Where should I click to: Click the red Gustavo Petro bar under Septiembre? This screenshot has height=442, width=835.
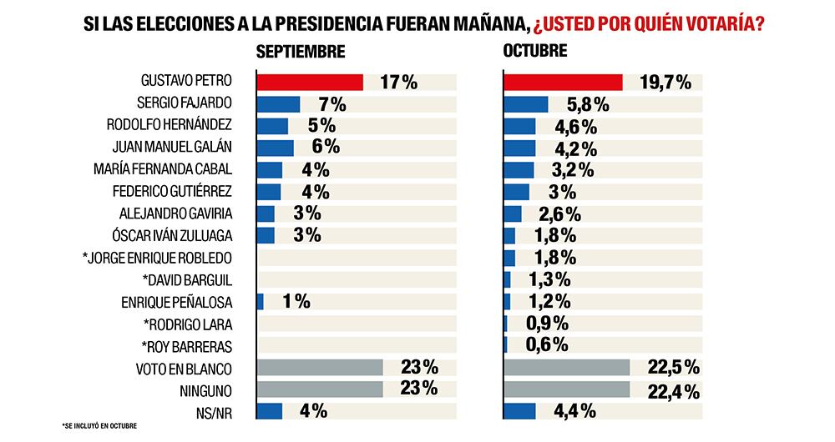[309, 82]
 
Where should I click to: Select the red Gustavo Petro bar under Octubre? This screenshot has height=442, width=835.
[563, 82]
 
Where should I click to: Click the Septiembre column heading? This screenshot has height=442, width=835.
[300, 52]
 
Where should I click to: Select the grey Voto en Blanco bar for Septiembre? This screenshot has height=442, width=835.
[319, 367]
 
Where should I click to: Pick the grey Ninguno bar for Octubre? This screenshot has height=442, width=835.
[566, 389]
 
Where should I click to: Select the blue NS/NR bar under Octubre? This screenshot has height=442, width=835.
[519, 411]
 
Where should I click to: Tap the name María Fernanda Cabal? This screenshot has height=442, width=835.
[171, 170]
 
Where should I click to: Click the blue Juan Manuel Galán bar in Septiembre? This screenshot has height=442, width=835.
[275, 148]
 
